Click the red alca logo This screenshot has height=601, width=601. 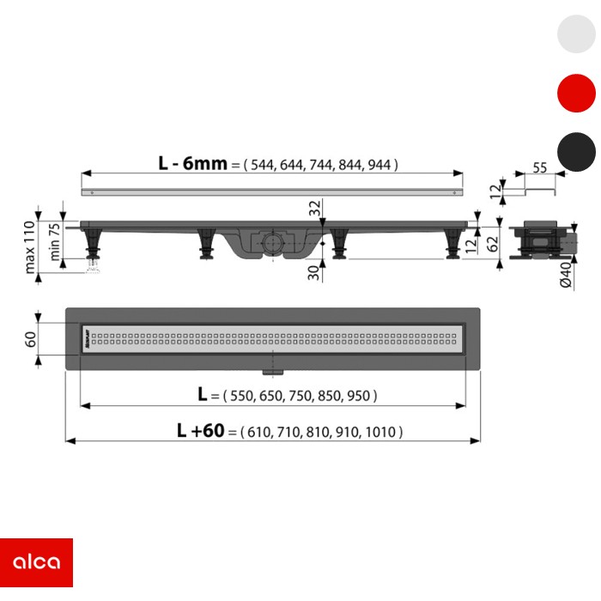(x=36, y=562)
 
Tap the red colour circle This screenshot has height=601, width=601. (x=576, y=93)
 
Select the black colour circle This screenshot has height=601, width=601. (x=576, y=152)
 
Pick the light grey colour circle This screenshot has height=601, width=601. (x=576, y=33)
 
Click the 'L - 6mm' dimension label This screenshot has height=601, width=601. (x=193, y=163)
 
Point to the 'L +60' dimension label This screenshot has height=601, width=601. (x=200, y=430)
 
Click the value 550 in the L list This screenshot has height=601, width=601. (x=242, y=396)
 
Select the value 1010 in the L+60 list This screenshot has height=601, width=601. (x=380, y=433)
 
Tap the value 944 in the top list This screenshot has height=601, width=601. (x=379, y=165)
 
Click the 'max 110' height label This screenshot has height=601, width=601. (x=29, y=247)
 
